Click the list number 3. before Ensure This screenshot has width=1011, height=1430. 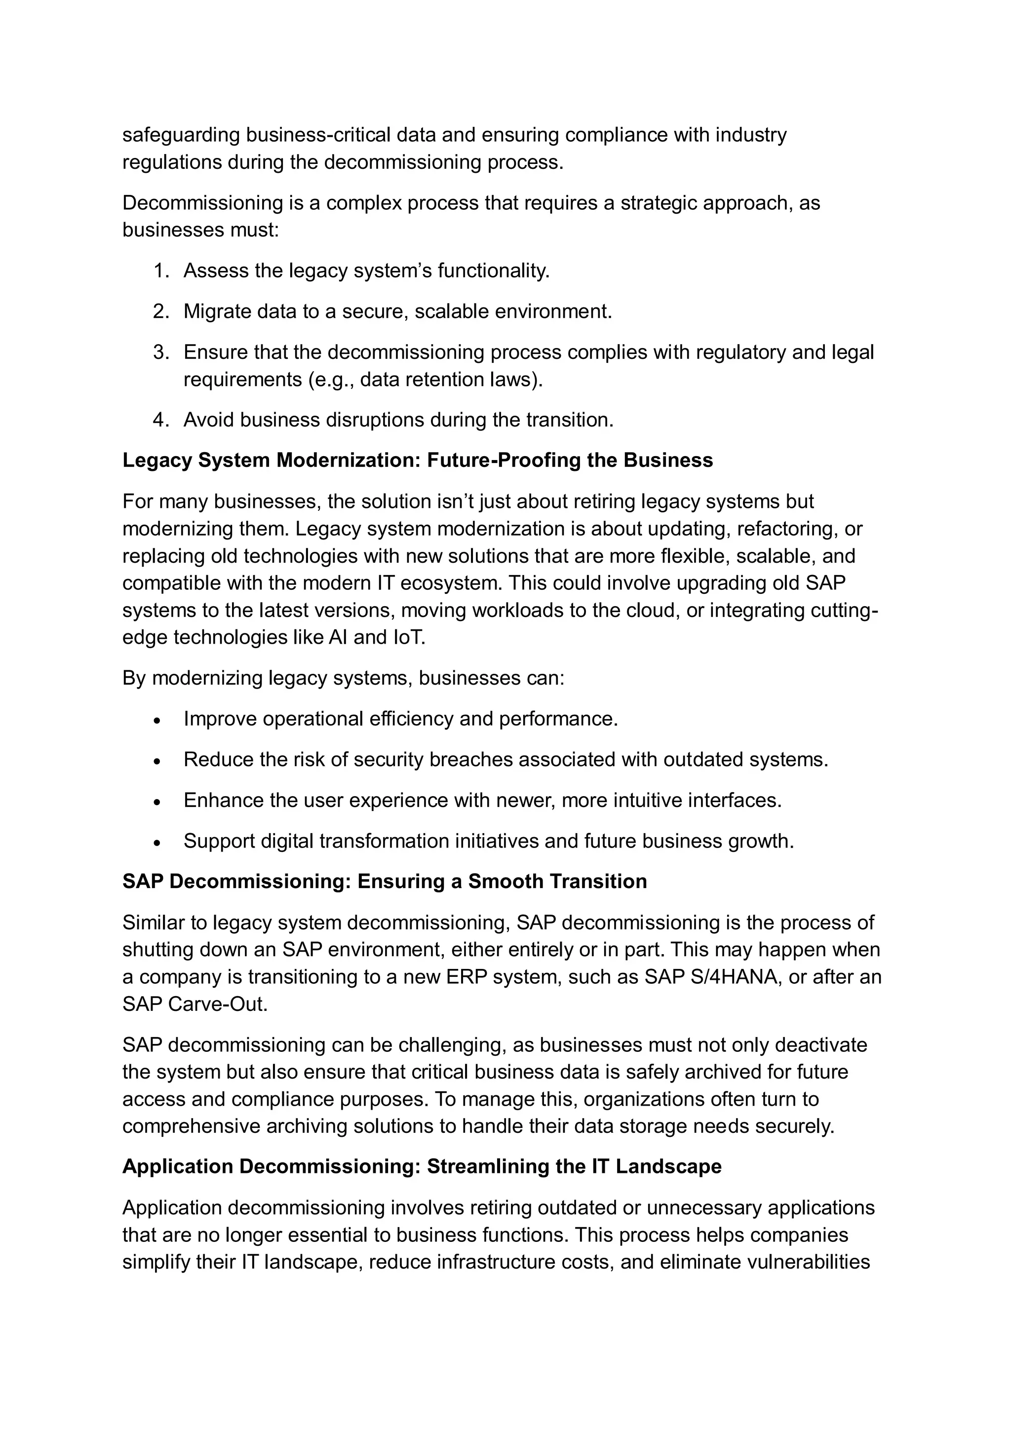[161, 352]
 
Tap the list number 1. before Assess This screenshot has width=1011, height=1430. [161, 271]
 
